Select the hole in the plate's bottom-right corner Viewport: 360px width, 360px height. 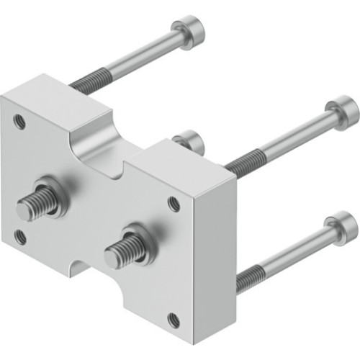pyautogui.click(x=174, y=319)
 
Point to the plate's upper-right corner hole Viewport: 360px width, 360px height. pyautogui.click(x=174, y=204)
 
